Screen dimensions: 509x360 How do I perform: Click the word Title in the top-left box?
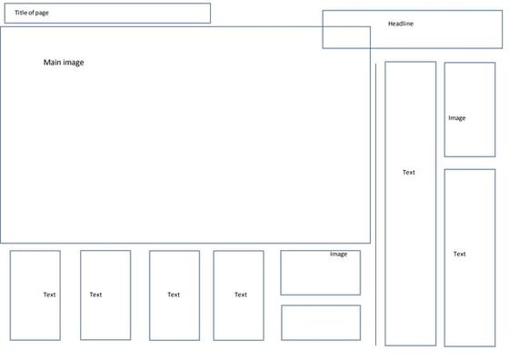pyautogui.click(x=21, y=12)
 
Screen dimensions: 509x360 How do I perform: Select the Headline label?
pyautogui.click(x=400, y=24)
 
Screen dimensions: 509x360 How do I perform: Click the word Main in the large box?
pyautogui.click(x=52, y=63)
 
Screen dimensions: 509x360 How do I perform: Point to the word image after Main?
pyautogui.click(x=74, y=63)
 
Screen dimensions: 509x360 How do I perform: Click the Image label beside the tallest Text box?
pyautogui.click(x=457, y=118)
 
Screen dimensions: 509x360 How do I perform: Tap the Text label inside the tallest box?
pyautogui.click(x=409, y=172)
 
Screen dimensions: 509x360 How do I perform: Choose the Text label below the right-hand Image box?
pyautogui.click(x=460, y=255)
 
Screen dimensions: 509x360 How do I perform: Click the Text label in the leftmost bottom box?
pyautogui.click(x=49, y=295)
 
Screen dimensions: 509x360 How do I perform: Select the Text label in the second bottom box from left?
pyautogui.click(x=95, y=295)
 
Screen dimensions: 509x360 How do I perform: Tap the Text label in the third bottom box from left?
pyautogui.click(x=174, y=295)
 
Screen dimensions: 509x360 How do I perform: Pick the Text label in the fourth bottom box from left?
pyautogui.click(x=241, y=295)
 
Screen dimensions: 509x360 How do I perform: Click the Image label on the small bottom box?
pyautogui.click(x=338, y=255)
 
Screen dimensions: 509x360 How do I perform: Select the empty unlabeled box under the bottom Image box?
pyautogui.click(x=320, y=323)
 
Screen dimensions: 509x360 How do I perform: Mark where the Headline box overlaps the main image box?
pyautogui.click(x=346, y=37)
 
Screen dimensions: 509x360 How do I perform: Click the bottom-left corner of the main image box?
pyautogui.click(x=1, y=243)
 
